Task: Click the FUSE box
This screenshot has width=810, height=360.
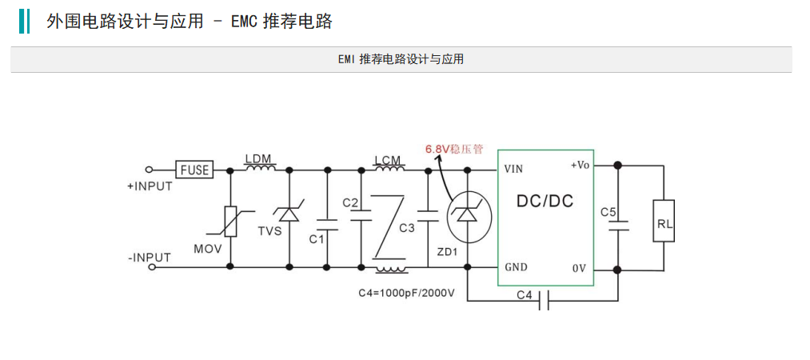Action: (195, 170)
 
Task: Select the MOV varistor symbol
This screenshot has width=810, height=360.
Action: (230, 221)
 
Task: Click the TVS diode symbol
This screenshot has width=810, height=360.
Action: (289, 212)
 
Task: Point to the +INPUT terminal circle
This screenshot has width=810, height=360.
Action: (150, 170)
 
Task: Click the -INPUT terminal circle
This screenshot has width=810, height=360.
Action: (151, 266)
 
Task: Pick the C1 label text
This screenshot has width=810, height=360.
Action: (316, 239)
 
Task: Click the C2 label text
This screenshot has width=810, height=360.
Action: (350, 202)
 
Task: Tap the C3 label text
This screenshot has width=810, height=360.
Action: (407, 227)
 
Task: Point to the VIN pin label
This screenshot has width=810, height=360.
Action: (514, 169)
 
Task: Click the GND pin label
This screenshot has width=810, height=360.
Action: (516, 267)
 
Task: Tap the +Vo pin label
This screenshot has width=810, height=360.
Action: (580, 166)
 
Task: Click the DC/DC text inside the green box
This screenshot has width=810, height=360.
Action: (545, 201)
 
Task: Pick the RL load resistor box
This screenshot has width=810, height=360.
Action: (664, 221)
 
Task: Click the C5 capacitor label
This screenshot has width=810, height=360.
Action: (608, 212)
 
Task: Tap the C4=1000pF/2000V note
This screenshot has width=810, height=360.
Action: (406, 293)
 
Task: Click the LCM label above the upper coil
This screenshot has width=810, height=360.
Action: (389, 159)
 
